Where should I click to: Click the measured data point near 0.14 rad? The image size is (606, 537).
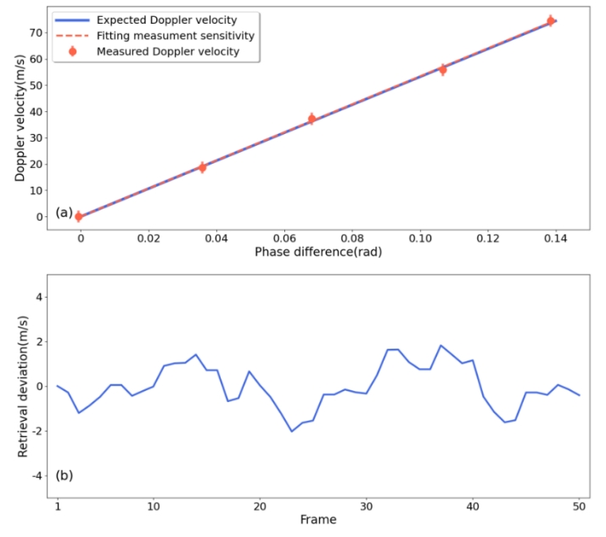(550, 20)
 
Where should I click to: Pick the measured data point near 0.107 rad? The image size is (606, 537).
(442, 69)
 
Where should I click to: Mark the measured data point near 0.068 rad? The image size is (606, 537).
(311, 119)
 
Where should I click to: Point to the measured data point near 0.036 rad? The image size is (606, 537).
(202, 167)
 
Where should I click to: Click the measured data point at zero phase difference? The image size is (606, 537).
(79, 216)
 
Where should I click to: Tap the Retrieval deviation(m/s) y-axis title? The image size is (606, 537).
(23, 386)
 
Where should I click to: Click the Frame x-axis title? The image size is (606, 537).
(318, 519)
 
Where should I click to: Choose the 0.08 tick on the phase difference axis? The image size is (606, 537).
(352, 239)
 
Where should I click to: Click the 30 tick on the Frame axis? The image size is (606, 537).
(366, 507)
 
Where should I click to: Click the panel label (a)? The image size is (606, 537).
(65, 212)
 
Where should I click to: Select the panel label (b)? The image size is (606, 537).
(65, 475)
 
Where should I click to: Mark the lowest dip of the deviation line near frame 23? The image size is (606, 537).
(291, 431)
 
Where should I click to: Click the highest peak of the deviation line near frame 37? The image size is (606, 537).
(440, 345)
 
